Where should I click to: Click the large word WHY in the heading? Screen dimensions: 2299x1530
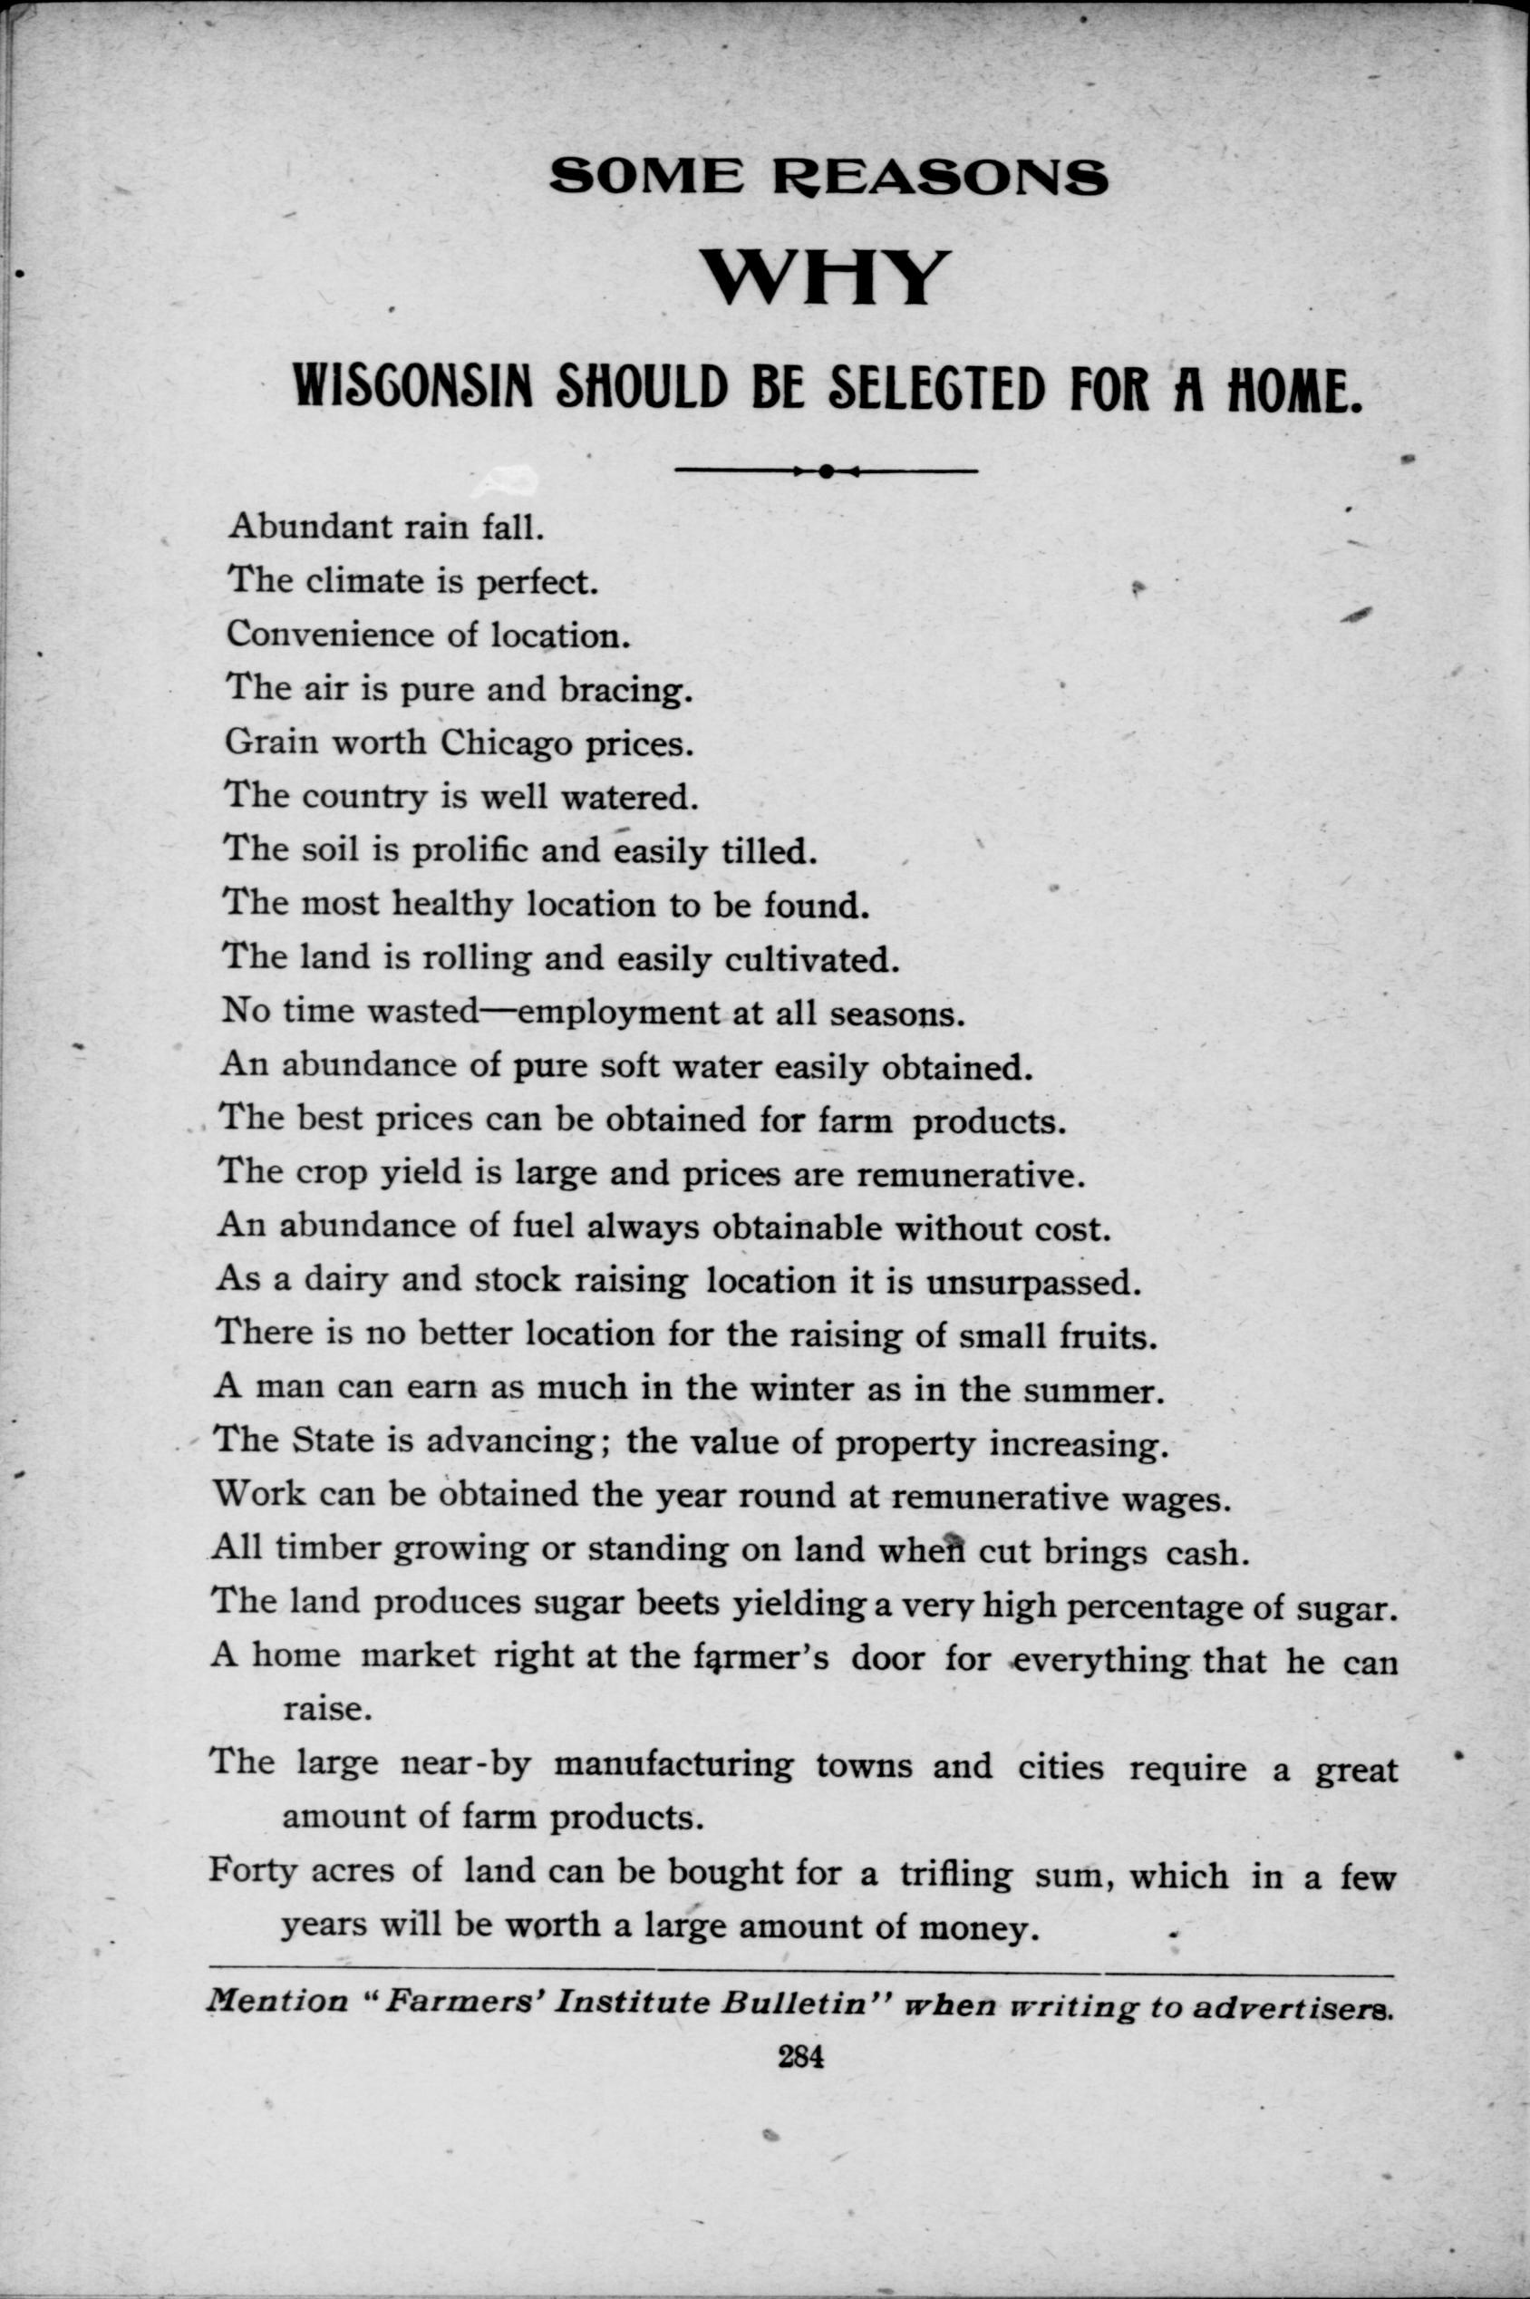click(826, 278)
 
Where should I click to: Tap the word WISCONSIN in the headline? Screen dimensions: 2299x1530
click(412, 386)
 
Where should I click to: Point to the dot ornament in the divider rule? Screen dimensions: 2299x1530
click(826, 471)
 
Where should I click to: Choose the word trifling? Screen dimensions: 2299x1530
click(954, 1875)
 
